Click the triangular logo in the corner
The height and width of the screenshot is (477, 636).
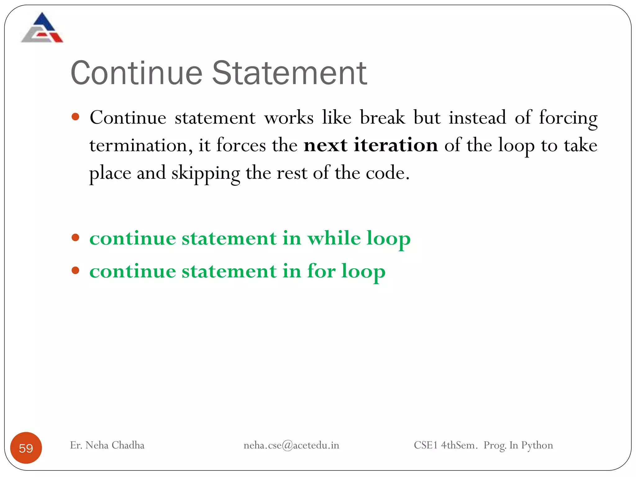pos(42,28)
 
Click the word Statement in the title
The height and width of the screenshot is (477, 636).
pos(289,73)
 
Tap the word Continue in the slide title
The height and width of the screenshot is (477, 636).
pos(137,73)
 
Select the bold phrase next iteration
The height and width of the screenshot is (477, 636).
pos(370,145)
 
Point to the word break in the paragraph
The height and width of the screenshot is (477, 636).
pos(382,118)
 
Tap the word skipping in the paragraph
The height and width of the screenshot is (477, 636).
pos(205,173)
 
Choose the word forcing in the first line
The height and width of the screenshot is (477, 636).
pos(568,118)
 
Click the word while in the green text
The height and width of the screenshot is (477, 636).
pos(334,238)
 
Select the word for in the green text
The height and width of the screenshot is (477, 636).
pos(321,271)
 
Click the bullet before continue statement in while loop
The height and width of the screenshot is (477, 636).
pos(75,238)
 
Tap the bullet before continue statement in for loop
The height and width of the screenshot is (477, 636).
pos(75,270)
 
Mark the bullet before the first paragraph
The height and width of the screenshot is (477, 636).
pos(75,117)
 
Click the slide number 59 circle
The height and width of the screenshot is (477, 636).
pos(26,448)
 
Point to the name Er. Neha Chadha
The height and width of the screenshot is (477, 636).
pos(107,445)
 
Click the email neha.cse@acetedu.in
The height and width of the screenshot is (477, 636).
pos(291,445)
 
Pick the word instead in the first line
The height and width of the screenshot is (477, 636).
pos(477,118)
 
